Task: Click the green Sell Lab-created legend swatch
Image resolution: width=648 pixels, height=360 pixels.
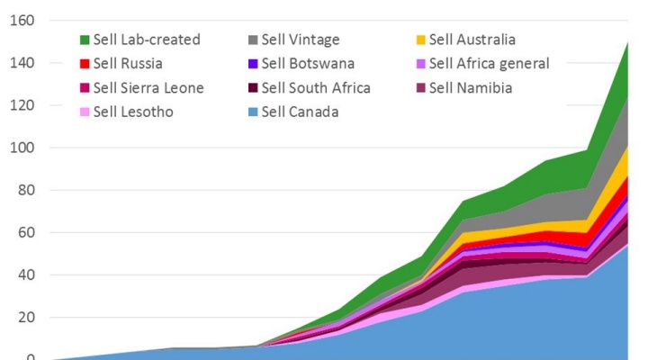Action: point(85,40)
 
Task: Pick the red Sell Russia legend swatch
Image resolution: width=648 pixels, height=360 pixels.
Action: point(85,64)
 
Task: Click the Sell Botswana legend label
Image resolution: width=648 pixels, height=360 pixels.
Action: point(310,64)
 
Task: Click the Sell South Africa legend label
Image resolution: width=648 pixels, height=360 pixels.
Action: point(317,88)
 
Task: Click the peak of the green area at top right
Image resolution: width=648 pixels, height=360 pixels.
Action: point(626,43)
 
